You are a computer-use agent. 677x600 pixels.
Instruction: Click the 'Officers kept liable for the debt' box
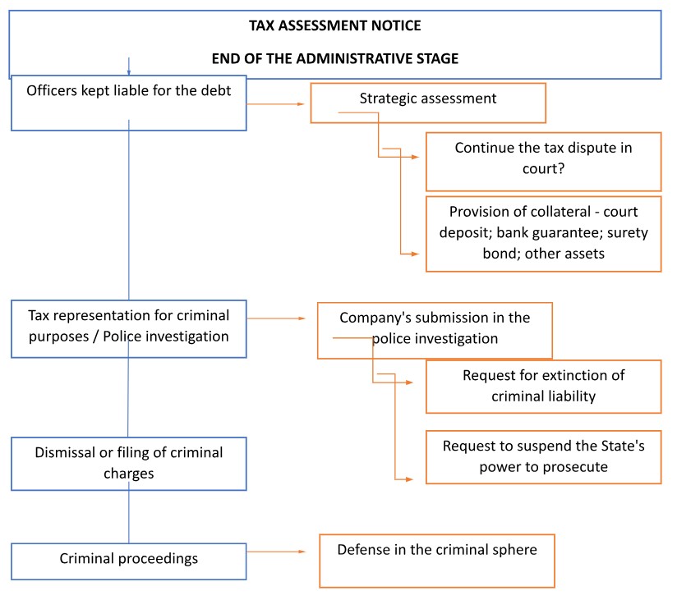tap(129, 103)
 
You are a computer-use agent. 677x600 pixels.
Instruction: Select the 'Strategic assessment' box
tap(428, 103)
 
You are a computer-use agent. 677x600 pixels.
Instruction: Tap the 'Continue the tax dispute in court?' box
tap(543, 162)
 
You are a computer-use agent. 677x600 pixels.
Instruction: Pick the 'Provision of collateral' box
tap(543, 234)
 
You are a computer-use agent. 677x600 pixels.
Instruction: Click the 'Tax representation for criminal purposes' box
tap(129, 329)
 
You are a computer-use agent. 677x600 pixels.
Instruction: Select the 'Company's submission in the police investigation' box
tap(435, 331)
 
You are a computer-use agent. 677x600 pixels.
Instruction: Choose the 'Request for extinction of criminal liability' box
tap(543, 387)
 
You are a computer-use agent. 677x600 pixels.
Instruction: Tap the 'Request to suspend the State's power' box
tap(543, 457)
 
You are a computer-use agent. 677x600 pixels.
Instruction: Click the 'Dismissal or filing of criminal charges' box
tap(129, 464)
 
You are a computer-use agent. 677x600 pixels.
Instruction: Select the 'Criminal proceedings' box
tap(129, 561)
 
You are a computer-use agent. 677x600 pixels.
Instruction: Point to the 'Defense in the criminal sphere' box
tap(437, 561)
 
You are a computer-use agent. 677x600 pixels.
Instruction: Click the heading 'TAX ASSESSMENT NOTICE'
tap(335, 25)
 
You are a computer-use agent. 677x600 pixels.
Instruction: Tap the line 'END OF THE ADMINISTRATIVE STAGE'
tap(335, 58)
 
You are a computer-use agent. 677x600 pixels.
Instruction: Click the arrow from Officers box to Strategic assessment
tap(275, 104)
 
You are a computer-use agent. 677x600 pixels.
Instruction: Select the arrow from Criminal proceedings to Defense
tap(276, 552)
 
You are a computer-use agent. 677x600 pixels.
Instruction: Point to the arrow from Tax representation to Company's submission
tap(276, 318)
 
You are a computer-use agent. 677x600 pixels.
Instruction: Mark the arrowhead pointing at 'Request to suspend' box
tap(410, 479)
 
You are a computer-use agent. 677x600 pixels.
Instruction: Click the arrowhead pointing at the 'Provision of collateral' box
tap(416, 254)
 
